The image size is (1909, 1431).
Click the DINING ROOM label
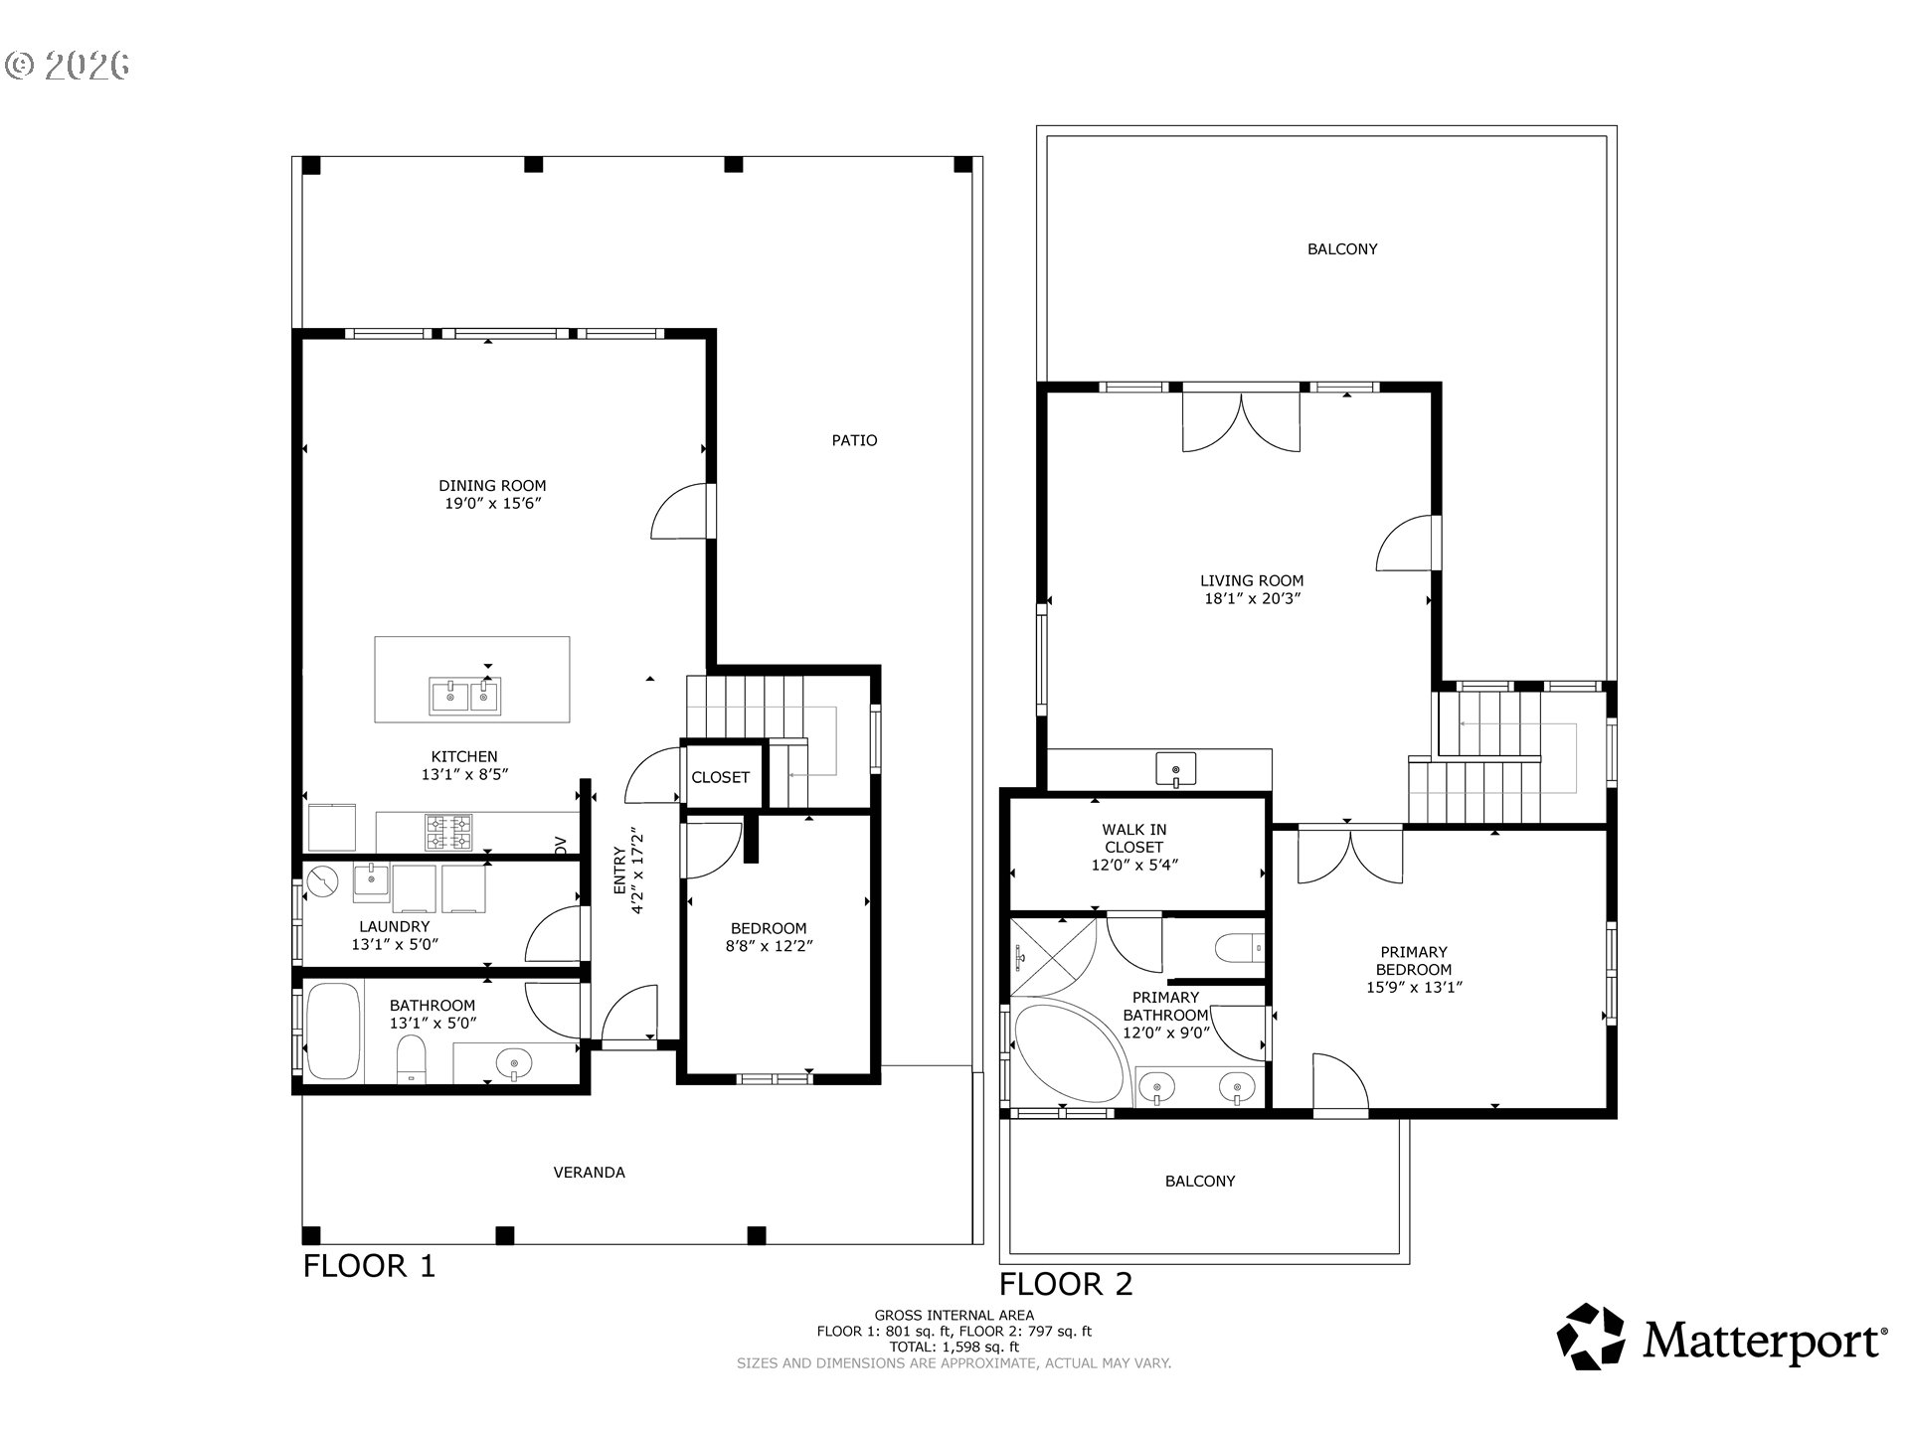(492, 486)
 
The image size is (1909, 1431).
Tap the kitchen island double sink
(465, 696)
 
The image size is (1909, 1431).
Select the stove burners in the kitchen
(449, 833)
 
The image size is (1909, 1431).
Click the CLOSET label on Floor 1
(720, 777)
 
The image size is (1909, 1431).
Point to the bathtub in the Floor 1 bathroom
(332, 1032)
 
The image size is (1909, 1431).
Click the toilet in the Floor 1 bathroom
(411, 1059)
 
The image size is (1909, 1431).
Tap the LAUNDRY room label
(394, 926)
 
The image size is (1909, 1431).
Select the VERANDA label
(589, 1173)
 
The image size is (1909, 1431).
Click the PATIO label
(854, 440)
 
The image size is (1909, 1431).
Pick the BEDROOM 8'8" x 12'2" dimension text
(769, 947)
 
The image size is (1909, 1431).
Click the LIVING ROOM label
(1251, 581)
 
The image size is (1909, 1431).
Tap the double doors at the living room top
(1240, 422)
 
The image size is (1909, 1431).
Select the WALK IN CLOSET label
(1133, 838)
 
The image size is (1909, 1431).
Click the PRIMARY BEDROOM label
(1413, 961)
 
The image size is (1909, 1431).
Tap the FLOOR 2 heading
(1065, 1284)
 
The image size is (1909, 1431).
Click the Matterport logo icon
(1591, 1337)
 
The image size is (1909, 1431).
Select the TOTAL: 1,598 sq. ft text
(954, 1347)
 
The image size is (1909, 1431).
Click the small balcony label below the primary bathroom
(1200, 1182)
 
